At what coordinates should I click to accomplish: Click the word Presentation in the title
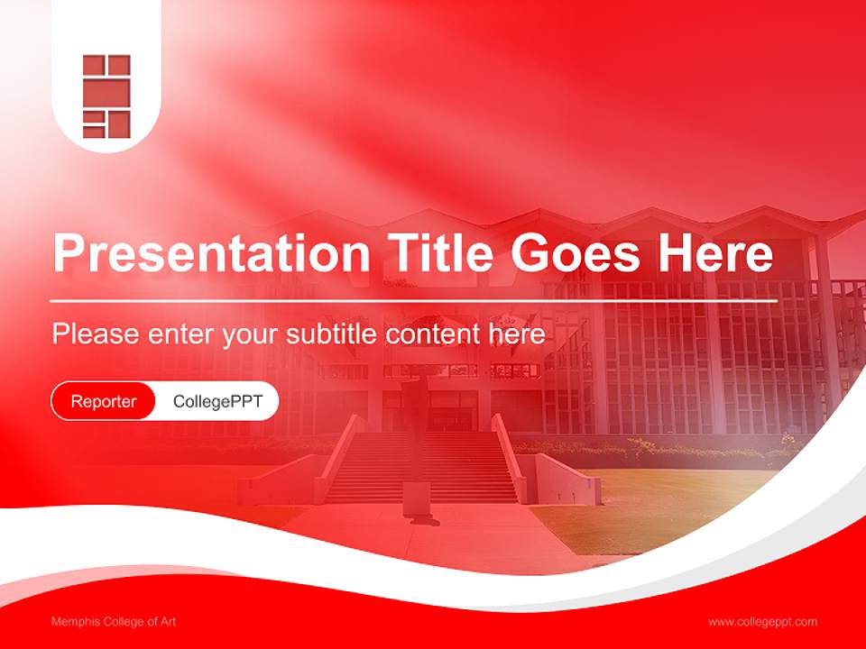coord(210,254)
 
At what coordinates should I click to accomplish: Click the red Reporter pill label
coord(104,401)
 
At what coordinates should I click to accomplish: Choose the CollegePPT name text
coord(217,401)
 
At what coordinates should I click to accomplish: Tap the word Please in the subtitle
coord(95,334)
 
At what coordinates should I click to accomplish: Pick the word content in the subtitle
coord(434,334)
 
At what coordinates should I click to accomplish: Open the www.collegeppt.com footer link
coord(762,622)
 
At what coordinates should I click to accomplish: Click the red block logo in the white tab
coord(106,96)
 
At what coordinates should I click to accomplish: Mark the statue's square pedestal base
coord(416,499)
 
